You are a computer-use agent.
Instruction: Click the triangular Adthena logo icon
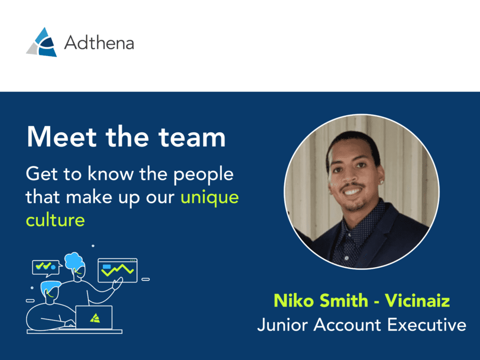coord(42,42)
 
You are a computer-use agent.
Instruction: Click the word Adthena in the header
coord(99,42)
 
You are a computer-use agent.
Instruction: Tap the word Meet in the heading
coord(62,137)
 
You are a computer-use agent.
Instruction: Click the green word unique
coord(210,197)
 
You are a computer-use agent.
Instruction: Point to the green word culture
coord(55,220)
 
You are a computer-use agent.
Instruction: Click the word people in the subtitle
coord(203,175)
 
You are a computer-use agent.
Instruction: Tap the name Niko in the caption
coord(294,300)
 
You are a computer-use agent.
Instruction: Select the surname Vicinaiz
coord(418,300)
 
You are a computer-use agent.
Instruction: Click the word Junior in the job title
coord(283,324)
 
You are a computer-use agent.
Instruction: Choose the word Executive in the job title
coord(427,324)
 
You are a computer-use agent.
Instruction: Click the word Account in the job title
coord(347,324)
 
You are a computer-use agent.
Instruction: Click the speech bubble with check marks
coord(46,267)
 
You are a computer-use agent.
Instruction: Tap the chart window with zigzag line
coord(117,270)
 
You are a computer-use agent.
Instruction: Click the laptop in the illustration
coord(94,317)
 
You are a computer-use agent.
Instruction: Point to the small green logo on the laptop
coord(95,318)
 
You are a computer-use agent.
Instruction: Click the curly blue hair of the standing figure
coord(74,261)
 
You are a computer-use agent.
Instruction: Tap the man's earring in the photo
coord(382,181)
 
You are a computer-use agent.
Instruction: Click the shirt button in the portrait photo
coord(346,258)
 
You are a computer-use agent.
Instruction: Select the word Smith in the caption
coord(343,300)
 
